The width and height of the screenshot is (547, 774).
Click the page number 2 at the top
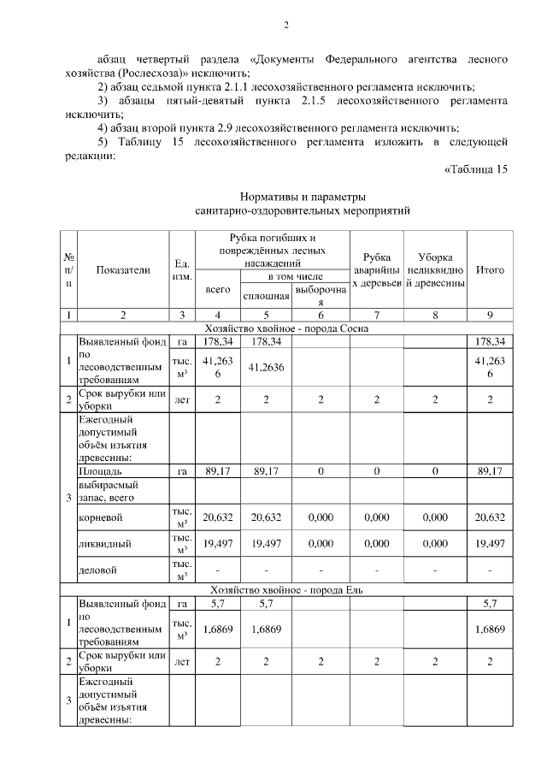pyautogui.click(x=287, y=25)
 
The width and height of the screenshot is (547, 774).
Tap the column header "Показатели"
pyautogui.click(x=123, y=269)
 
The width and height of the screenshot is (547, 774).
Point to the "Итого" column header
pyautogui.click(x=490, y=269)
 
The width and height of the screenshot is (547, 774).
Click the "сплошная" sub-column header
pyautogui.click(x=266, y=296)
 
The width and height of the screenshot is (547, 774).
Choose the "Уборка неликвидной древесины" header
pyautogui.click(x=435, y=269)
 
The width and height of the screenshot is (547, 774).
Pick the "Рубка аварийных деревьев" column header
pyautogui.click(x=377, y=269)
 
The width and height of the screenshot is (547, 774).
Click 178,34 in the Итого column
pyautogui.click(x=490, y=342)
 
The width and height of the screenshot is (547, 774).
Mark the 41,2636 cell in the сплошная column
pyautogui.click(x=266, y=367)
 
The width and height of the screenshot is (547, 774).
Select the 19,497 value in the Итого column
pyautogui.click(x=490, y=543)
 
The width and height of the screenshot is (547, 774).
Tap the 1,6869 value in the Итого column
pyautogui.click(x=490, y=629)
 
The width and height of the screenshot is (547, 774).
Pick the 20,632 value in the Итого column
pyautogui.click(x=490, y=517)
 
